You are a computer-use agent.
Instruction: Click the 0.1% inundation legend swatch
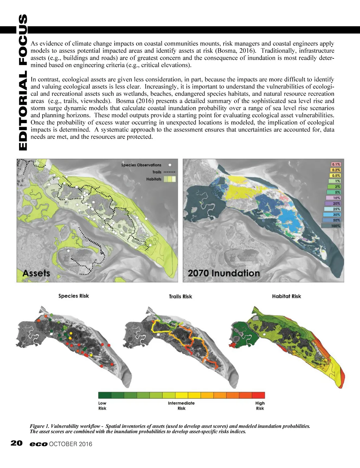[336, 164]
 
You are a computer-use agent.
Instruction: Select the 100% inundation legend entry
[335, 226]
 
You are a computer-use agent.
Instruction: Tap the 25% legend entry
[335, 209]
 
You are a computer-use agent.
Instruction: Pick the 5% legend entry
[335, 192]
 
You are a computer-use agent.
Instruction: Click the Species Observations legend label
[141, 165]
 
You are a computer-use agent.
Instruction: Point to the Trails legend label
[157, 172]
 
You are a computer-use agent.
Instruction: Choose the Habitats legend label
[154, 179]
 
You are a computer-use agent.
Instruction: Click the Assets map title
[36, 273]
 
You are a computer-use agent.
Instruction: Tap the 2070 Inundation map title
[224, 273]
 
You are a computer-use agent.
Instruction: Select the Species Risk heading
[73, 296]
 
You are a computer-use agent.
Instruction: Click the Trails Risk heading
[180, 297]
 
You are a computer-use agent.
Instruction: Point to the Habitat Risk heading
[287, 296]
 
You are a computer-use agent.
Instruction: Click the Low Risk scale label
[102, 406]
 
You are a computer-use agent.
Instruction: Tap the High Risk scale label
[260, 406]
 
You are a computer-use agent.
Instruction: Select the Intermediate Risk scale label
[181, 406]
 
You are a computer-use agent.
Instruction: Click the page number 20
[17, 443]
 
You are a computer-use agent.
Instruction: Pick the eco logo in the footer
[38, 444]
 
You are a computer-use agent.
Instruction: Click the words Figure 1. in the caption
[39, 426]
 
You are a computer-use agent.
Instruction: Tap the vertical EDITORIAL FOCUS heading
[22, 83]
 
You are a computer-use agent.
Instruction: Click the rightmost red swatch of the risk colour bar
[258, 395]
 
